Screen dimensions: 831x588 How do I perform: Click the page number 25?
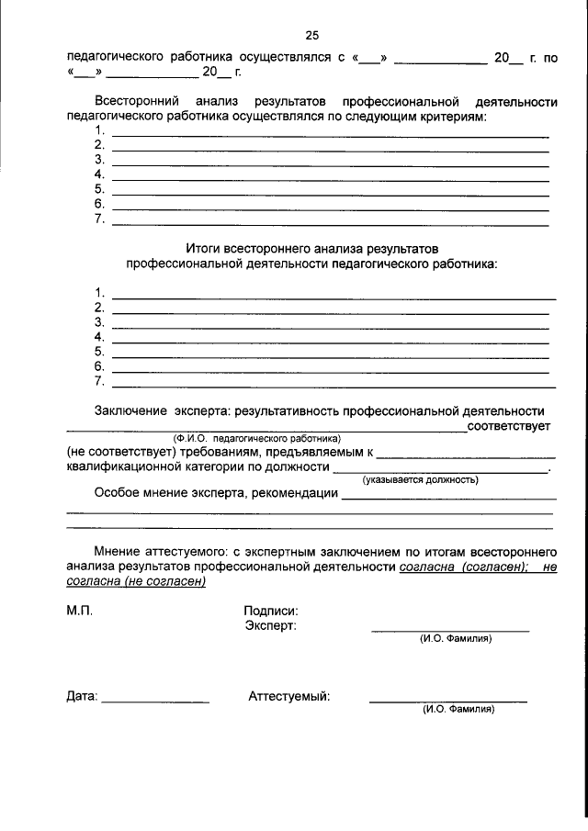[311, 36]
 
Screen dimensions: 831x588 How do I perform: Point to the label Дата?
[82, 697]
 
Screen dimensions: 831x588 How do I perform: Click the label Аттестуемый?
[289, 696]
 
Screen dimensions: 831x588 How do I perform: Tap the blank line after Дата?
[155, 702]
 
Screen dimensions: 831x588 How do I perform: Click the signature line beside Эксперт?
[449, 630]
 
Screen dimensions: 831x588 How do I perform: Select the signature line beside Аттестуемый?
[447, 702]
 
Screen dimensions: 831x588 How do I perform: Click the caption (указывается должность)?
[420, 479]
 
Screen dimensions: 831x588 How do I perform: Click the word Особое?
[118, 493]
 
